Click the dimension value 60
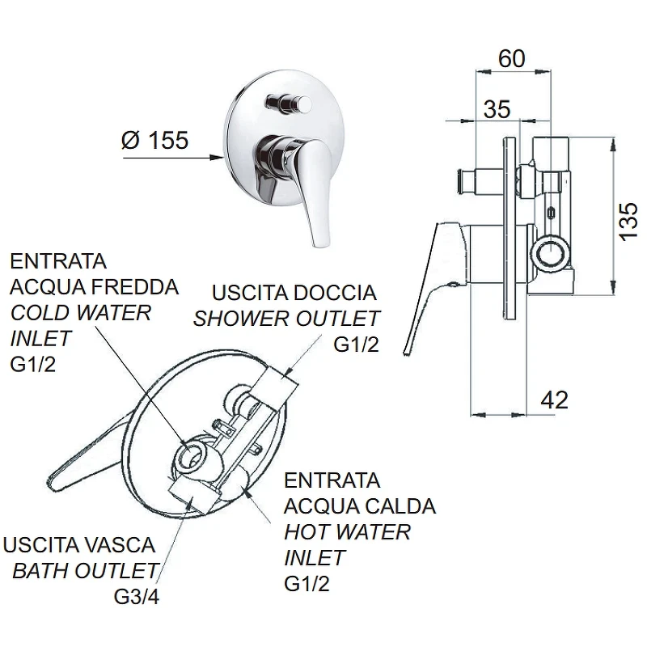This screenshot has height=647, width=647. click(x=512, y=58)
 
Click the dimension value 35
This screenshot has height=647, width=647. click(x=497, y=109)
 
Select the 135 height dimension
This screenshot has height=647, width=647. click(x=628, y=221)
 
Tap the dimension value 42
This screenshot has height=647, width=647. click(x=554, y=400)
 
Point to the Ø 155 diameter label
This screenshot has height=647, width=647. click(x=155, y=140)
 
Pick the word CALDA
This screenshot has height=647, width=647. click(x=395, y=506)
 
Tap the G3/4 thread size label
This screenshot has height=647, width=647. click(x=137, y=596)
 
